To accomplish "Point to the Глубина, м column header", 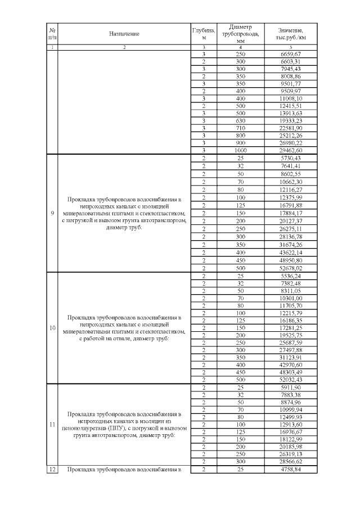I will click(204, 34).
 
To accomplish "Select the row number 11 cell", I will click(52, 426).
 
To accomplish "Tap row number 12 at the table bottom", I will click(52, 469).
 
